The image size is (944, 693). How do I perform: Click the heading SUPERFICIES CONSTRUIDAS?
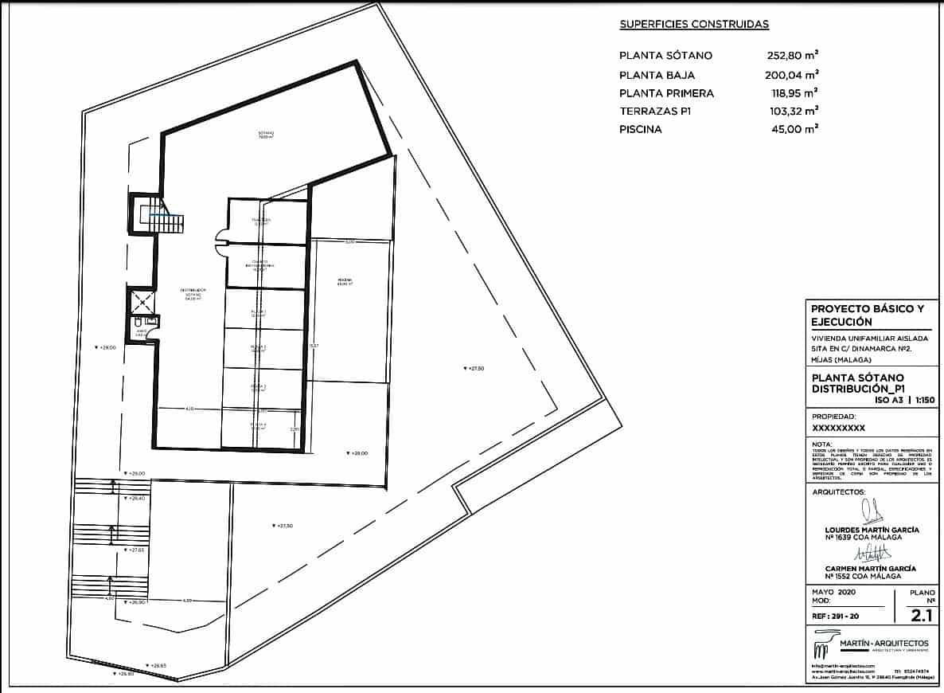tap(694, 25)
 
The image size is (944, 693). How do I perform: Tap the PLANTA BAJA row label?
tap(657, 75)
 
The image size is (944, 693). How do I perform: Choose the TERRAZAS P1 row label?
tap(655, 112)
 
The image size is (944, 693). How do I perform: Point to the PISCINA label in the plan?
tap(345, 281)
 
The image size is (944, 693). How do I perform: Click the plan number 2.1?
tap(921, 614)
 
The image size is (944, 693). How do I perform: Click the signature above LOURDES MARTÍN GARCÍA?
tap(872, 511)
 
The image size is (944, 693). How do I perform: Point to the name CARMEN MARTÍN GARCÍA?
tap(870, 568)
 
